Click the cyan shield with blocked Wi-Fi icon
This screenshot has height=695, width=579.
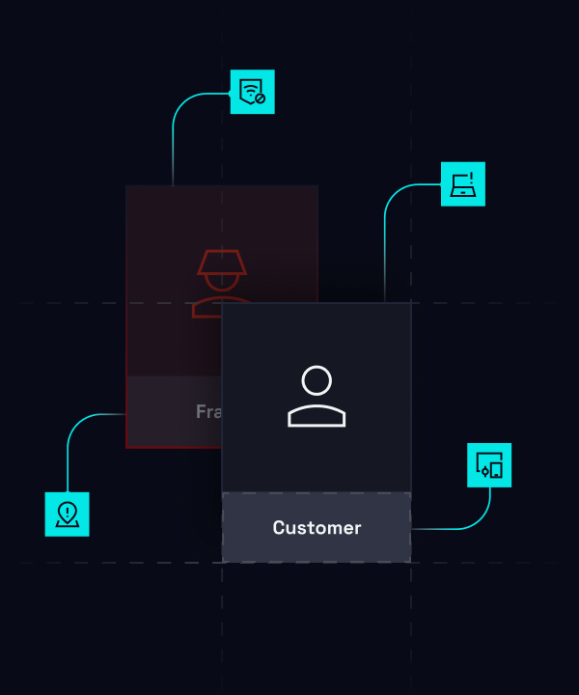click(252, 92)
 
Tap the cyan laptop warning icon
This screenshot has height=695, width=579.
click(463, 183)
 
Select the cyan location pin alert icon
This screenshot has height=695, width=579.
click(67, 514)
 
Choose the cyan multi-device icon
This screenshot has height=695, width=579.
click(489, 465)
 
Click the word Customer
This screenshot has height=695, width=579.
click(317, 528)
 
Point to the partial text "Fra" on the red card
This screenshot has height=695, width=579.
click(208, 411)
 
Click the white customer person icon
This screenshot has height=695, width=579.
click(317, 396)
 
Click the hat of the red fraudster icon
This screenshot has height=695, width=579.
click(220, 261)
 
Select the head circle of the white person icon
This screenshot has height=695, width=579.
click(317, 380)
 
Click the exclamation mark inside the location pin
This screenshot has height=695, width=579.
click(67, 511)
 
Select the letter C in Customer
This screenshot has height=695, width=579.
click(279, 528)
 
